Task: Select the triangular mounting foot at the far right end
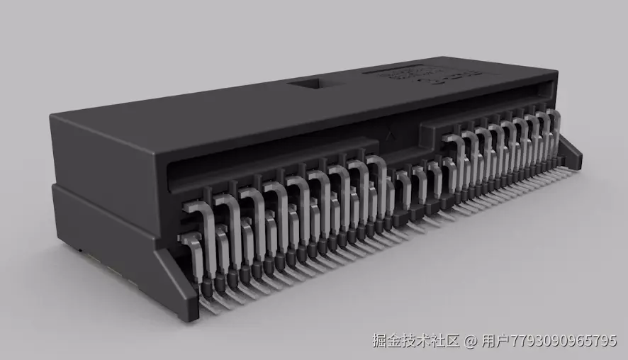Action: (571, 153)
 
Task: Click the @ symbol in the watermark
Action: (471, 341)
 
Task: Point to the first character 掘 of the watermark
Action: (381, 341)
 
